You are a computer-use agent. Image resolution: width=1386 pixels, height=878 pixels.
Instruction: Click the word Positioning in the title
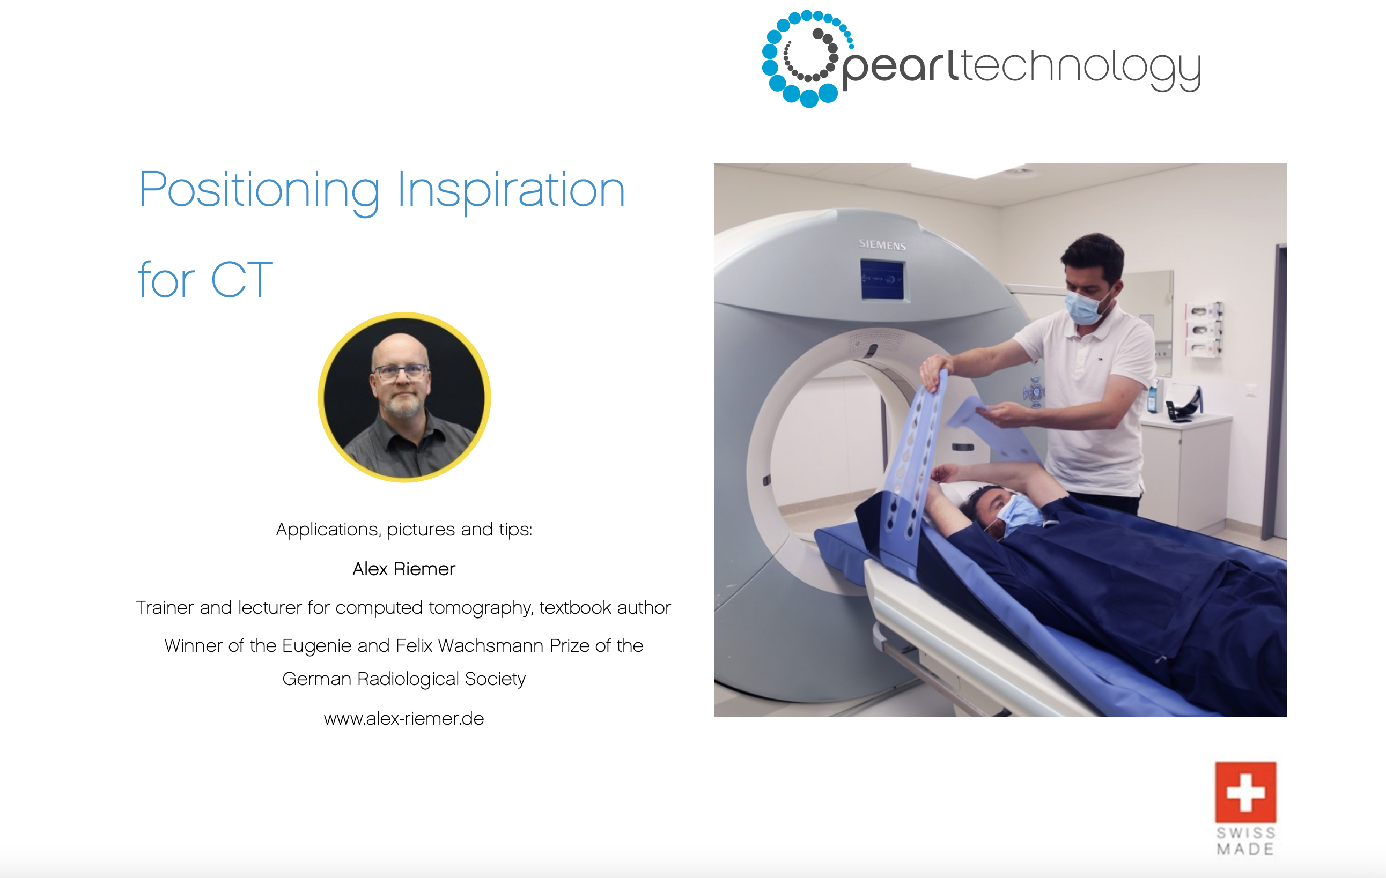(260, 191)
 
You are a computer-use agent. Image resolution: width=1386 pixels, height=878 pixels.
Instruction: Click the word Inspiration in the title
(511, 191)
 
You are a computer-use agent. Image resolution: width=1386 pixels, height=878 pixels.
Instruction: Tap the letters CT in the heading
(242, 280)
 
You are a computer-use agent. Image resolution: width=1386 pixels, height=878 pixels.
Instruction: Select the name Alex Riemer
(403, 569)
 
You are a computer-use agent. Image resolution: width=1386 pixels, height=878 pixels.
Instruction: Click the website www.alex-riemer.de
(403, 718)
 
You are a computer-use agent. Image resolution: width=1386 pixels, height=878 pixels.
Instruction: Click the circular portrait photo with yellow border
(404, 397)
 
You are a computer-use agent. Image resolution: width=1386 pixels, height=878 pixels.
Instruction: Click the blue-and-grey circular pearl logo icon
(808, 58)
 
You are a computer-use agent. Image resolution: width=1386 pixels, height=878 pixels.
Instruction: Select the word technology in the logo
(1080, 69)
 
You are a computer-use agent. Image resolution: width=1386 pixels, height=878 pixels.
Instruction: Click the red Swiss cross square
(1245, 792)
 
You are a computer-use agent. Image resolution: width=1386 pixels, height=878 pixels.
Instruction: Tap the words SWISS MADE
(1245, 840)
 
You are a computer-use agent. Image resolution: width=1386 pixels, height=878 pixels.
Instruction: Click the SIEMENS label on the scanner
(882, 244)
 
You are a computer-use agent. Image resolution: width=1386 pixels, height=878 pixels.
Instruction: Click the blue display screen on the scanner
(882, 280)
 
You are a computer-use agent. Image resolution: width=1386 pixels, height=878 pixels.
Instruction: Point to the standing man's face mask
(1084, 307)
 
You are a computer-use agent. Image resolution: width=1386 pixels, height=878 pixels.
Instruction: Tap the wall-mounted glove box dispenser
(1204, 329)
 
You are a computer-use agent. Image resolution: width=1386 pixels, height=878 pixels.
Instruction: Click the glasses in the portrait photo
(401, 371)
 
